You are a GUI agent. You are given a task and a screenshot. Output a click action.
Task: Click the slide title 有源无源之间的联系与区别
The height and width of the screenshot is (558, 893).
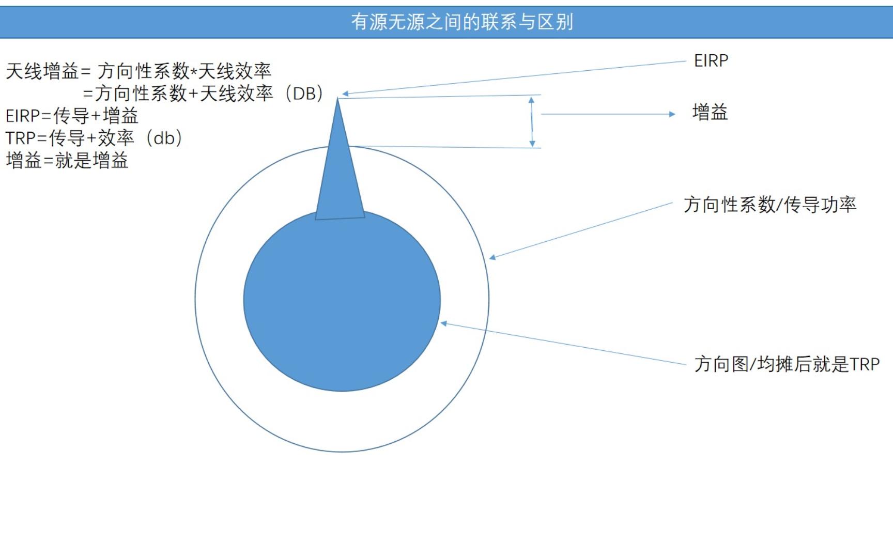[462, 22]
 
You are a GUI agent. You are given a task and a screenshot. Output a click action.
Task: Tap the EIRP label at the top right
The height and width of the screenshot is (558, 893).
[711, 60]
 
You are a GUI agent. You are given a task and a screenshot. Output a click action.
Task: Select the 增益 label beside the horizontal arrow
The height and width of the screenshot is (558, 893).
[710, 112]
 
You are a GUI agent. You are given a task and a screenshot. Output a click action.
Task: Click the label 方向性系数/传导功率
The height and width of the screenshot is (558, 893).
[770, 205]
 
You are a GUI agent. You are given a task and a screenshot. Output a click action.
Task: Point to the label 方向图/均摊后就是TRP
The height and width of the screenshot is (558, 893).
[787, 364]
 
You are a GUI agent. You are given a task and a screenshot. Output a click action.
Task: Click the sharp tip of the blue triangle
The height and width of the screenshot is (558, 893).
[338, 98]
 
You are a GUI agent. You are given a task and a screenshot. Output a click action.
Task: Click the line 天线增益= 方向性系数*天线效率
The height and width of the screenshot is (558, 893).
[138, 71]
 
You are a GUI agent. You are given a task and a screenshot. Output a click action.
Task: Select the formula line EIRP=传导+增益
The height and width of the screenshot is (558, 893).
[72, 115]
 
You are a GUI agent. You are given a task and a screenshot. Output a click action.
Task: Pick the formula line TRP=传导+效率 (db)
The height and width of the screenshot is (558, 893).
[94, 138]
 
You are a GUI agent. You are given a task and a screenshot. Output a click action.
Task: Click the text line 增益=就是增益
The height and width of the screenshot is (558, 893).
[67, 160]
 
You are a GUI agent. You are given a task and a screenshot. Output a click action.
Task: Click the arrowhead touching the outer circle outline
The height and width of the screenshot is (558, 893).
[492, 257]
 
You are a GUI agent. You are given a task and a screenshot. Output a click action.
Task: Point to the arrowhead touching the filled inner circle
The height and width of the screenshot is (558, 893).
[443, 323]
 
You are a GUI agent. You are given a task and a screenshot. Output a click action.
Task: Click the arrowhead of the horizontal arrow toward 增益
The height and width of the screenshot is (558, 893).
[672, 114]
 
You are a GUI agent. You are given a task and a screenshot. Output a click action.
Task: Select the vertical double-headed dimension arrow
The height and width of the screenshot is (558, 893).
[532, 122]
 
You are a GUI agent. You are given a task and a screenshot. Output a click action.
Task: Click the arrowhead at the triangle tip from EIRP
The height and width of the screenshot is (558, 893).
[345, 94]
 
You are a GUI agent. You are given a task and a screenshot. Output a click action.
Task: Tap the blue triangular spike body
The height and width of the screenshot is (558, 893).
[340, 171]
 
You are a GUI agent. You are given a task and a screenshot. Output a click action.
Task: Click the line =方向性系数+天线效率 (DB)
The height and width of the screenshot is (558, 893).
[204, 94]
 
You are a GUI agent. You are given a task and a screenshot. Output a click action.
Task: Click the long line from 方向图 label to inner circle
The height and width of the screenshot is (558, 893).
[563, 344]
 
